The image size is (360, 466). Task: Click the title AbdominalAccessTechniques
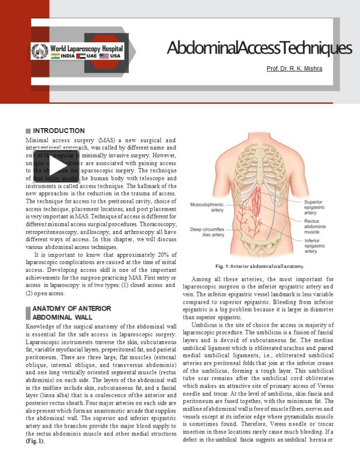pos(259,49)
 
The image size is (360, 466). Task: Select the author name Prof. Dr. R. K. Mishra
pos(294,69)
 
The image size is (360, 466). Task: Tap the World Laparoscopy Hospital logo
pos(78,51)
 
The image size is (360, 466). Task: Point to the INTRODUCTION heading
pos(59,131)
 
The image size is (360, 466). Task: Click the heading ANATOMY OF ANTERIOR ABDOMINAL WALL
pos(71,313)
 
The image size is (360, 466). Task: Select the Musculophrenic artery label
pos(207,207)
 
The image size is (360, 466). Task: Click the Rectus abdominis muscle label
pos(314,226)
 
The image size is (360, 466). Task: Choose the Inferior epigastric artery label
pos(314,246)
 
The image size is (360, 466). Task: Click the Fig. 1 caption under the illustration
pos(259,266)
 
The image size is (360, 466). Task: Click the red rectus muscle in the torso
pos(256,199)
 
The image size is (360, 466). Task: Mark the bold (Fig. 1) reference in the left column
pos(34,441)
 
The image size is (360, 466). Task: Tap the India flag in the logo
pos(56,56)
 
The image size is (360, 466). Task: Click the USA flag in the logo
pos(103,56)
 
